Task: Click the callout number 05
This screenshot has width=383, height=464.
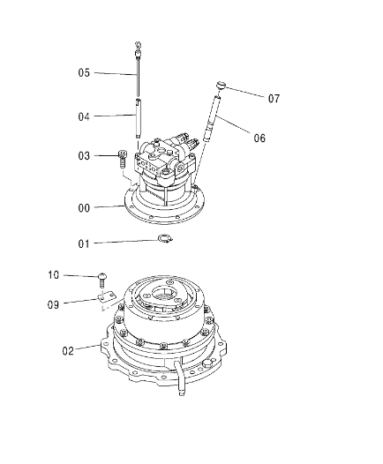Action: click(84, 72)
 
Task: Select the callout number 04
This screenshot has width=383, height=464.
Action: click(84, 116)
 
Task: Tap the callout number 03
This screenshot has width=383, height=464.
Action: click(84, 155)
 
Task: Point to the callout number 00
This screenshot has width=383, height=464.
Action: click(84, 208)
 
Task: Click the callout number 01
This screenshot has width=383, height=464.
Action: click(84, 243)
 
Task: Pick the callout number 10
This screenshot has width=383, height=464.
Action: click(54, 275)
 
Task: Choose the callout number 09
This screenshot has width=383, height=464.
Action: click(53, 304)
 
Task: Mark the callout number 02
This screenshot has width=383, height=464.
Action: click(68, 351)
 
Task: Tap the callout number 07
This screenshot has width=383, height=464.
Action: click(274, 98)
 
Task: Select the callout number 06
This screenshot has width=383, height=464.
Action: click(259, 138)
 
